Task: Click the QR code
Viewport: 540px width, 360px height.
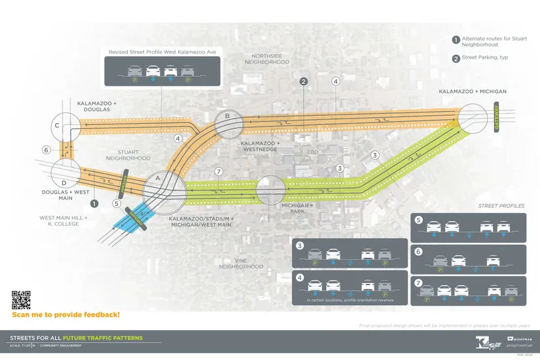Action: [21, 299]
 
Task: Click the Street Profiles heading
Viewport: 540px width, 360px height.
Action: [501, 206]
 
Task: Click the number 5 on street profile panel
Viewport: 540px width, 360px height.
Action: [419, 220]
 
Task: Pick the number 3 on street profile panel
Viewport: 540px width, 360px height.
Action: [300, 246]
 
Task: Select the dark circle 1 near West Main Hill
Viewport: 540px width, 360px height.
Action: [94, 204]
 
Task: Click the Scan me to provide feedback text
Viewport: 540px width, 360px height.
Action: [65, 315]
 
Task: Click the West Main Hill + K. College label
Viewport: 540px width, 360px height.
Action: [59, 221]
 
